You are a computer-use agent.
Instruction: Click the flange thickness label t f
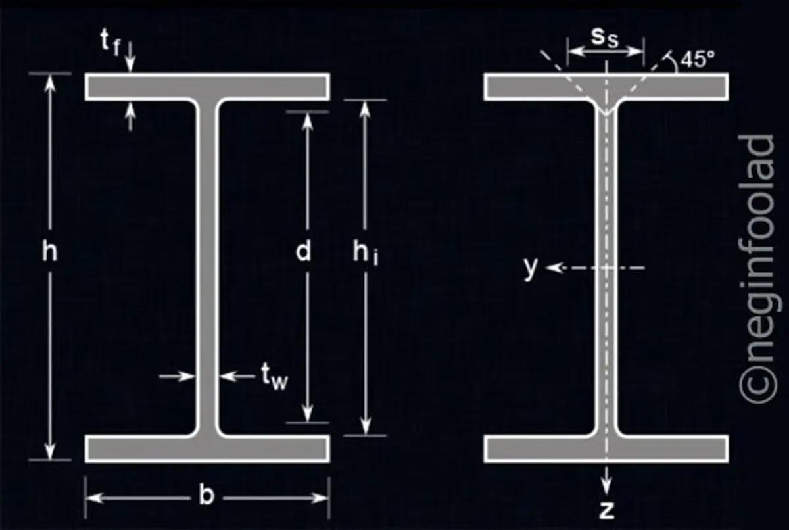click(110, 43)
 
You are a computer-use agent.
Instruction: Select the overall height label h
click(50, 251)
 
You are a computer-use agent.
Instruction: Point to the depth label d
click(303, 251)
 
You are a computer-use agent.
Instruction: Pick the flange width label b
click(206, 496)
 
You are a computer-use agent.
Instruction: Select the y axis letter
click(531, 268)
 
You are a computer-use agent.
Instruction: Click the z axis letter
click(606, 510)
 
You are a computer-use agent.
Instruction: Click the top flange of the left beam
click(207, 87)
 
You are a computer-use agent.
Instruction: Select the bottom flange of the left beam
click(207, 448)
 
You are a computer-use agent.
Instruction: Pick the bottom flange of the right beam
click(606, 448)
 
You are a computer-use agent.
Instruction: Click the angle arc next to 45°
click(673, 63)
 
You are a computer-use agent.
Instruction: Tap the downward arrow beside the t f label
click(131, 57)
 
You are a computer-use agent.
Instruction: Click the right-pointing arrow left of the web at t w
click(178, 377)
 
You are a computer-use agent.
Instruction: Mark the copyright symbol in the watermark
click(757, 385)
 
